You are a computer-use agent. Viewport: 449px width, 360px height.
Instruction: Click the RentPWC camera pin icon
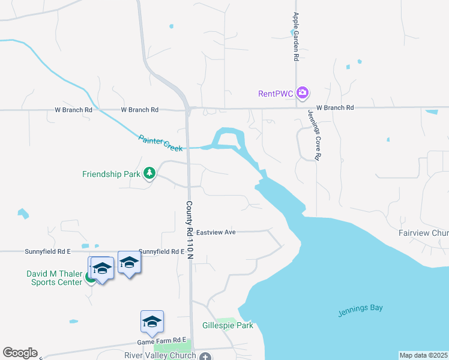tap(303, 93)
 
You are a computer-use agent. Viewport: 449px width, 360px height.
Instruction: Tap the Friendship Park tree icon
tap(149, 174)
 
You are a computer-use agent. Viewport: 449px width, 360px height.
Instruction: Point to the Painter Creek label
tap(160, 142)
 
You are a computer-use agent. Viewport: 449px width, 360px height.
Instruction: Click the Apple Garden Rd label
tap(296, 37)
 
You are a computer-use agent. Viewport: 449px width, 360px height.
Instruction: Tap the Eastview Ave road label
tap(217, 231)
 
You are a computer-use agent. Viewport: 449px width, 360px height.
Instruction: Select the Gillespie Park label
tap(228, 326)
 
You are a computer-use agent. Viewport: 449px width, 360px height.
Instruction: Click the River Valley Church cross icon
tap(205, 356)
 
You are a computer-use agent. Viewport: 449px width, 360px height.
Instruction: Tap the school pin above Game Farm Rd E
tap(152, 322)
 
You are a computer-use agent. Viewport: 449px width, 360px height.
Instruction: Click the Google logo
tap(20, 353)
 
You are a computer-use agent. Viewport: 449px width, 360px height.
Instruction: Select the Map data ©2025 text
tap(424, 355)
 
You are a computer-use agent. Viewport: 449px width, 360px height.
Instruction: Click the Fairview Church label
tap(424, 233)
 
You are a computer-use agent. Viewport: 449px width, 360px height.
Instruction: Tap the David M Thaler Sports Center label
tap(53, 278)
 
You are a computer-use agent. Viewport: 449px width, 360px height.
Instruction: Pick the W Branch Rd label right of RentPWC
tap(335, 107)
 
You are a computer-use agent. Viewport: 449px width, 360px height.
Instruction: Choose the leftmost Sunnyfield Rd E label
tap(47, 251)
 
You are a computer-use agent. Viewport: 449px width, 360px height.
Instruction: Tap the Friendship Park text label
tap(111, 175)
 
